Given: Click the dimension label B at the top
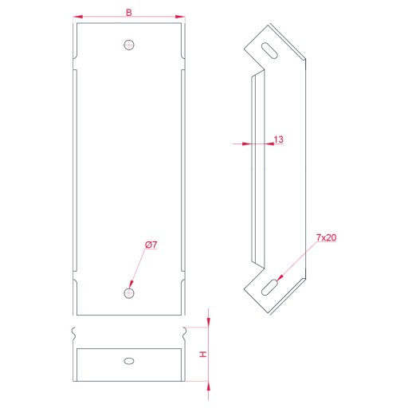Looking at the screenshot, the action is pyautogui.click(x=129, y=13).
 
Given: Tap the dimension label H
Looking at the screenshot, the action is pyautogui.click(x=203, y=354).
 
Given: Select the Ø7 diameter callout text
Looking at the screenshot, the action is pyautogui.click(x=151, y=245).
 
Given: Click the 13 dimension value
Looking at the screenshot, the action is pyautogui.click(x=278, y=139).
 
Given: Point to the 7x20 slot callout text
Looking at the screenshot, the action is pyautogui.click(x=326, y=237).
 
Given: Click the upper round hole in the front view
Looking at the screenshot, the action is pyautogui.click(x=129, y=45).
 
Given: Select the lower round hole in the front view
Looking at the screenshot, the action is pyautogui.click(x=129, y=293).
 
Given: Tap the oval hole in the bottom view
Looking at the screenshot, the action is pyautogui.click(x=129, y=361).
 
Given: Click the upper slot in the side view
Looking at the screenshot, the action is pyautogui.click(x=269, y=50).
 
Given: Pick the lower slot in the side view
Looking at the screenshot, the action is pyautogui.click(x=269, y=287).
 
